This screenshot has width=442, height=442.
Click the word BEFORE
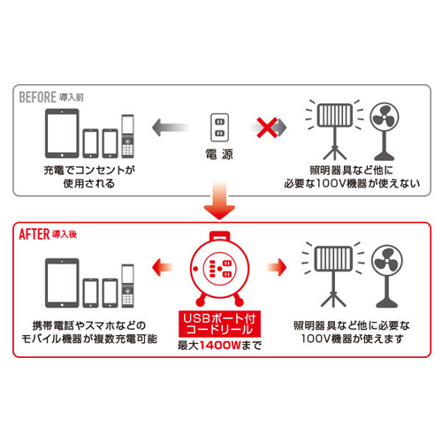37,97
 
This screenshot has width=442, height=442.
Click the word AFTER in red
34,234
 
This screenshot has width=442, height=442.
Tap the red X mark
267,127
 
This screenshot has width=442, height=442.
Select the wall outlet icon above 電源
219,127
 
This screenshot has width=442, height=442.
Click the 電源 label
219,154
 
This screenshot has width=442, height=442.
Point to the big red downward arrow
219,201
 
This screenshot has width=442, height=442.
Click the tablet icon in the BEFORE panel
62,133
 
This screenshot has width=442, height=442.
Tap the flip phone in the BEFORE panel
128,136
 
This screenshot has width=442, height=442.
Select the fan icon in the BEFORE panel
385,131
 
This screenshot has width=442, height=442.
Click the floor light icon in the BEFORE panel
335,130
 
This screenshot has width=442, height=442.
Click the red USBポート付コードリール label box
219,324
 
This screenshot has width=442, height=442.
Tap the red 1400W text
220,345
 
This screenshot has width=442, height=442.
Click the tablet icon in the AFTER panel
62,283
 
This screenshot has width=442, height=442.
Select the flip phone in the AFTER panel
128,286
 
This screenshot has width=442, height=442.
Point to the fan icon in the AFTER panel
387,277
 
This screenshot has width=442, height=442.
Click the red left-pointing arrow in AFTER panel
162,267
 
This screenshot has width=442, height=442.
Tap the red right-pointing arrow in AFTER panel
277,267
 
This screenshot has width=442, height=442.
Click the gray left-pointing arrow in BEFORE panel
171,127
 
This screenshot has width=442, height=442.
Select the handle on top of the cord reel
219,236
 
